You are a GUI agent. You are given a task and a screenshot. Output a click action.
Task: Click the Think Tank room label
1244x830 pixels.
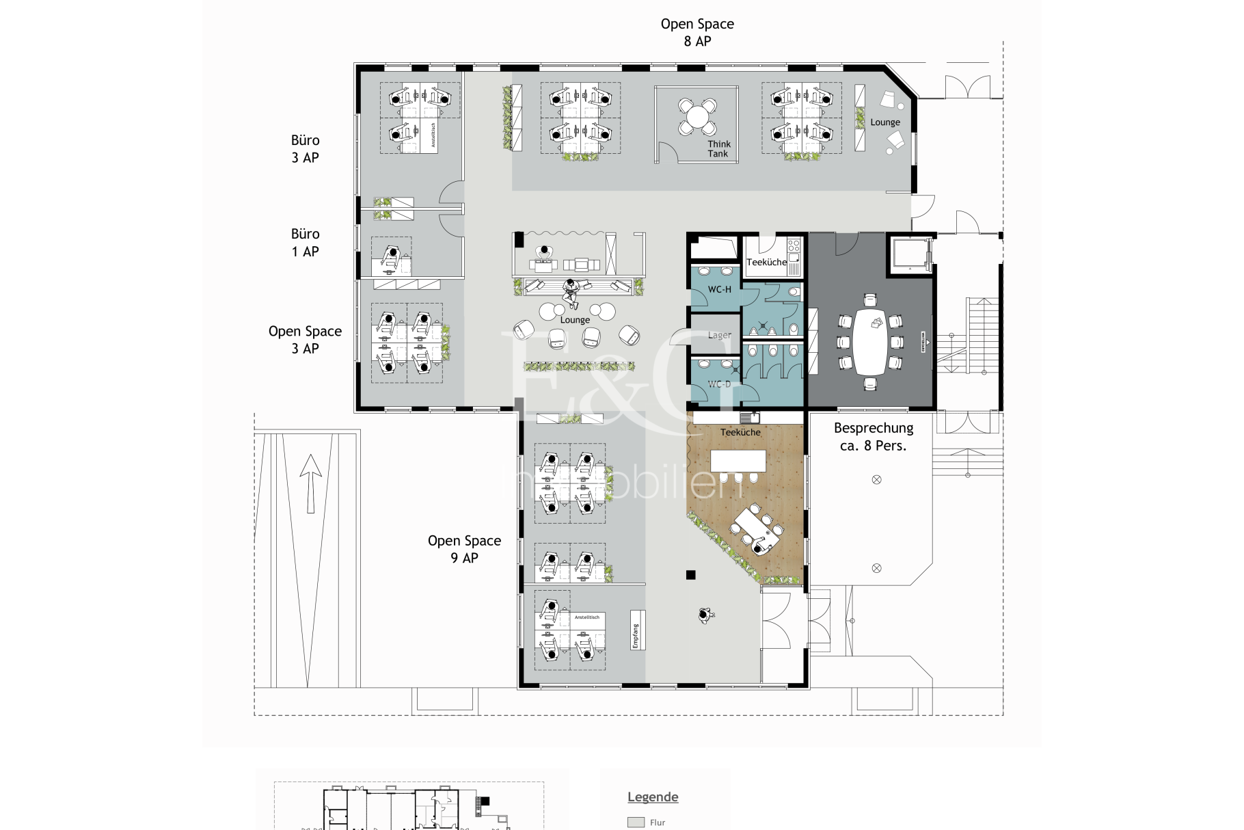coord(718,148)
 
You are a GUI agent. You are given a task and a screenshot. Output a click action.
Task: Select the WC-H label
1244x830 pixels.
coord(719,289)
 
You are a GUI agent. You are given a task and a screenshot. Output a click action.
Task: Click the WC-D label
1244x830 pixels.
coord(719,384)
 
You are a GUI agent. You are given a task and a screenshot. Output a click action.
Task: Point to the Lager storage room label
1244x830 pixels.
coord(719,335)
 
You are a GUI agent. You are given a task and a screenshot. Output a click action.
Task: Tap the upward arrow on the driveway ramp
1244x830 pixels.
coord(310,482)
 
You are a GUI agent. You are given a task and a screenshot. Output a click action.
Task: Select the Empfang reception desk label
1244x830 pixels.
coord(635,637)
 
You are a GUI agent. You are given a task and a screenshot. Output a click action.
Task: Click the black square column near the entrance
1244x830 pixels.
coord(690,575)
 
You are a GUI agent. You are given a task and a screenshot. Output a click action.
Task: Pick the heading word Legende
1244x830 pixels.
coord(653,797)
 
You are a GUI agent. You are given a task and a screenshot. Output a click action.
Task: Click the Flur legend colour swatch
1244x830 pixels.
coord(636,822)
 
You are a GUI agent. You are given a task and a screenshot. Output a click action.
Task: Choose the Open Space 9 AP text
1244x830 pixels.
coord(464,549)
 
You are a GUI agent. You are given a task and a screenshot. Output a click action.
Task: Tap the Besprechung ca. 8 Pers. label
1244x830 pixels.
coord(873,437)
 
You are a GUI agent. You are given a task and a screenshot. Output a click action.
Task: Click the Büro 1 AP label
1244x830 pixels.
coord(305,243)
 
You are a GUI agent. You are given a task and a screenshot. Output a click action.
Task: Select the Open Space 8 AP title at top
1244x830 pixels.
coord(697,32)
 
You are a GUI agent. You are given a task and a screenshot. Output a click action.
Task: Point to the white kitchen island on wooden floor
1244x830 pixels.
coord(738,460)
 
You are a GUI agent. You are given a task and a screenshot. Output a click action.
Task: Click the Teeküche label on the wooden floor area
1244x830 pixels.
coord(740,432)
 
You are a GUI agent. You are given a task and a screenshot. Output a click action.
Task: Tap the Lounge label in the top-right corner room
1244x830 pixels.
coord(885,122)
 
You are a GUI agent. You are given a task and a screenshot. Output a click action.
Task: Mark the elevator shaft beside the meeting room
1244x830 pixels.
coord(910,254)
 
